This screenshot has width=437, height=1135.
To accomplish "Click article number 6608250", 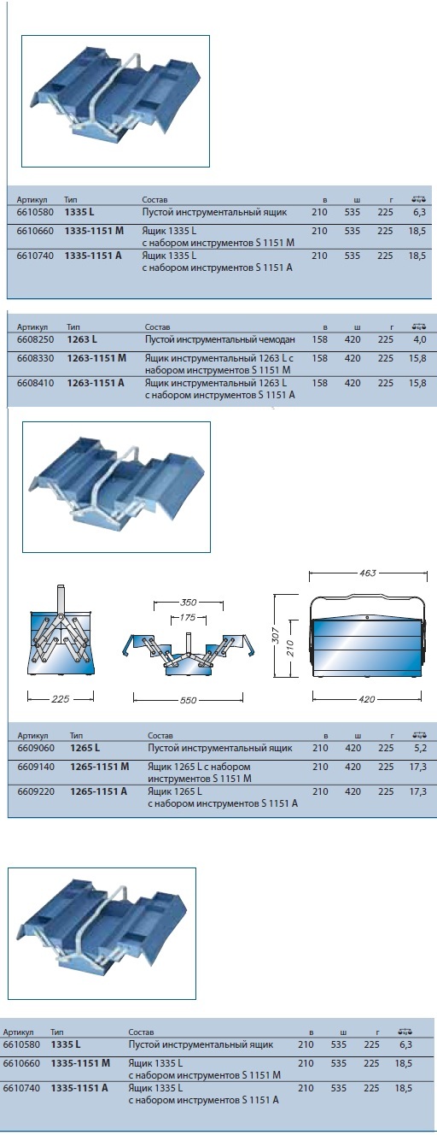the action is tap(35, 339).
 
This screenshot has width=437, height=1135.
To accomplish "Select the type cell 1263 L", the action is tap(81, 339).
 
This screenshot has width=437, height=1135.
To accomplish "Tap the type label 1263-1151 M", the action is tap(96, 358).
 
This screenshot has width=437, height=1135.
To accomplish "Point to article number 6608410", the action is tap(35, 383).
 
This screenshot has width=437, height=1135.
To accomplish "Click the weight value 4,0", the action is tap(420, 339).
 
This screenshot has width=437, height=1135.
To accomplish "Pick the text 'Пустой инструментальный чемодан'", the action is tap(219, 340).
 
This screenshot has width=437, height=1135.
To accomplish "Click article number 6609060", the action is tap(36, 748).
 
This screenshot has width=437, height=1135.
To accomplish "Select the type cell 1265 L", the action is tap(84, 748).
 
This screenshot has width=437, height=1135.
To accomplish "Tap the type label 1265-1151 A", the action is tap(98, 791).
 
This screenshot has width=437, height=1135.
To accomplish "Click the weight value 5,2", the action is tap(420, 748).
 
